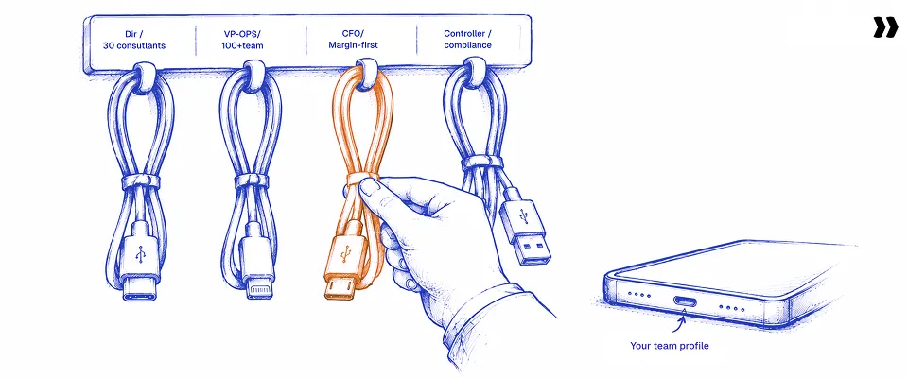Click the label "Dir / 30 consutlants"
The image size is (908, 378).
coord(133,40)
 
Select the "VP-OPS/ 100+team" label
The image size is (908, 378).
coord(243,40)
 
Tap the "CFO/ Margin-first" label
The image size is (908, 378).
coord(352,40)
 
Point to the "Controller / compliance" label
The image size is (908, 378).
coord(467,40)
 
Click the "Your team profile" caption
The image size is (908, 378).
coord(670,346)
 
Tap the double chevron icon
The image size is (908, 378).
coord(885,27)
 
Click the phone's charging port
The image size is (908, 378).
coord(685,301)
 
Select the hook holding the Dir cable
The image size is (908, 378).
coord(144,75)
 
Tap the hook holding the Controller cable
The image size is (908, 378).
coord(474,72)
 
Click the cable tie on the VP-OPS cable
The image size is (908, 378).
coord(252,180)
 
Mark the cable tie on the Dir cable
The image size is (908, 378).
coord(140,181)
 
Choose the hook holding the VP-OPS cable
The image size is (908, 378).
coord(254,75)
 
